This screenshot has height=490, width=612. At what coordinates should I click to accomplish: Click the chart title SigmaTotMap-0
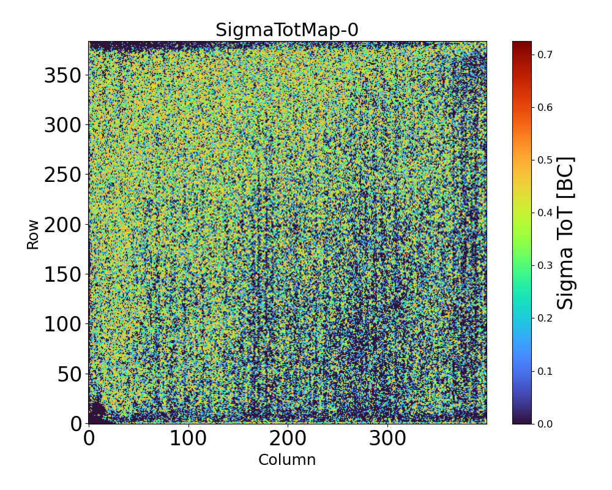click(287, 30)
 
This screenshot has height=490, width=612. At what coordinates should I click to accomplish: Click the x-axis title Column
click(287, 460)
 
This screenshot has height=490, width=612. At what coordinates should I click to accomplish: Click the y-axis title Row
click(32, 235)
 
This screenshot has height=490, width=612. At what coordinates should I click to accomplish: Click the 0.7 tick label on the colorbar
click(545, 55)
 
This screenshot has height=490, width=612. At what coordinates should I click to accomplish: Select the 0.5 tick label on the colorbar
click(545, 160)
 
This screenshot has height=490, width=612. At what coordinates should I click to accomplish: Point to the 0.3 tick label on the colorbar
click(545, 265)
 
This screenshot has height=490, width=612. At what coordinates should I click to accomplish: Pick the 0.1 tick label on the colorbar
click(545, 371)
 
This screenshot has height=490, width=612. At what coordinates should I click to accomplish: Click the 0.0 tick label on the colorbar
click(545, 424)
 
